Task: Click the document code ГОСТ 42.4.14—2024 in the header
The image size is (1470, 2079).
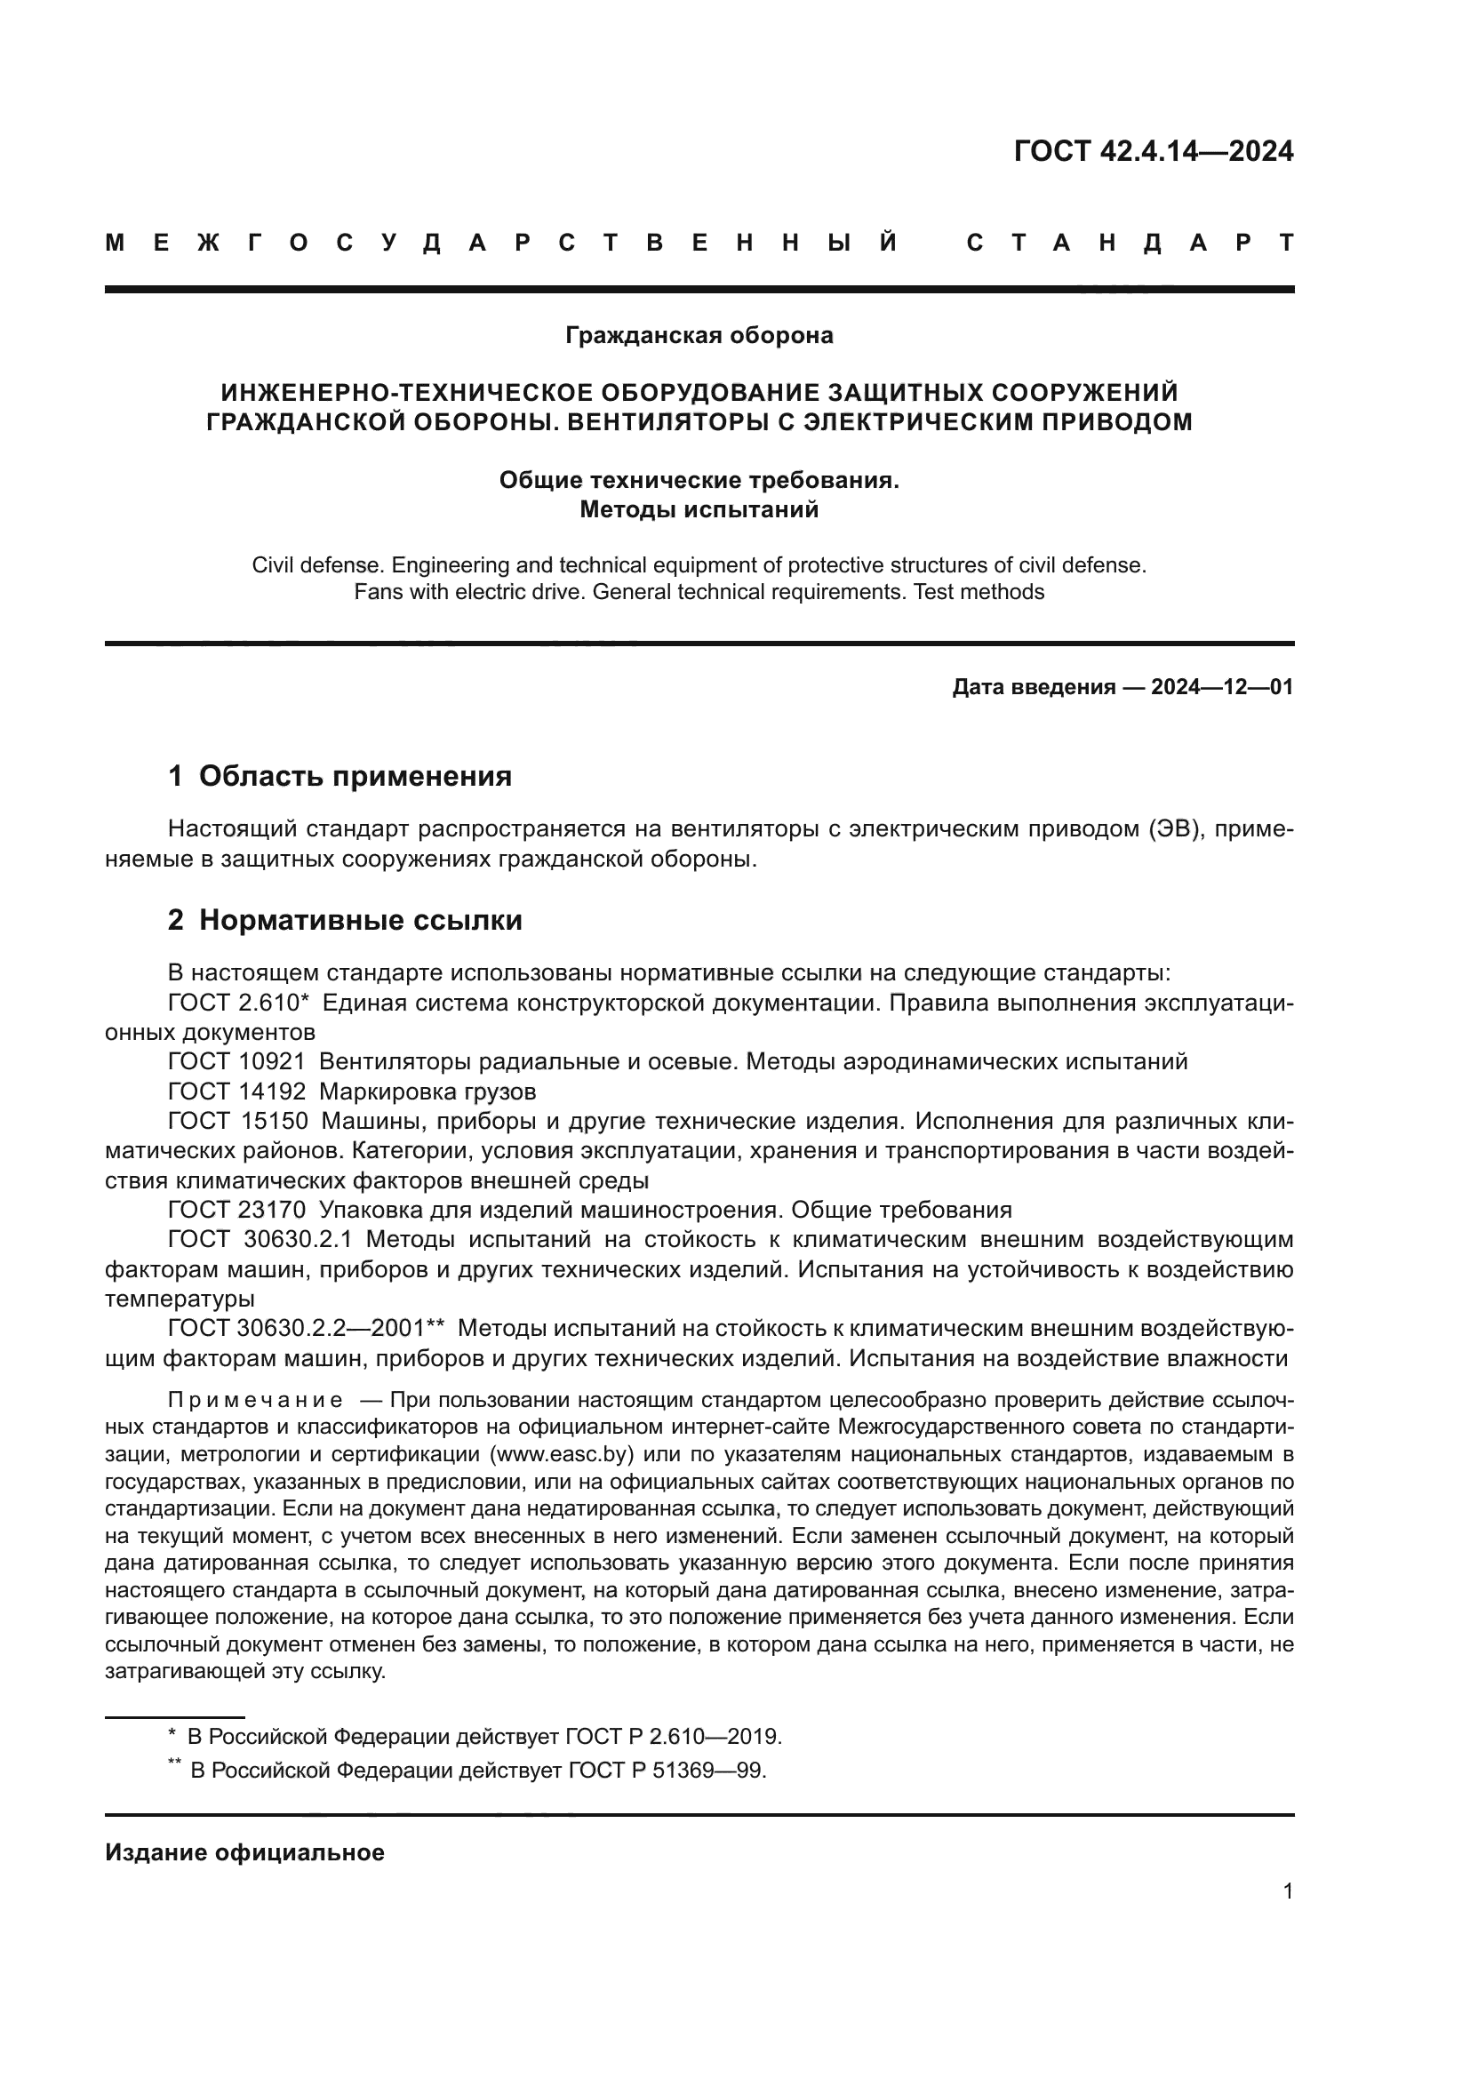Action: (x=1153, y=151)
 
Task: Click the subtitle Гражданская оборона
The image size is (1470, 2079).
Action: (x=699, y=336)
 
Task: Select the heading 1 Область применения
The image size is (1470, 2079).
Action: (x=340, y=776)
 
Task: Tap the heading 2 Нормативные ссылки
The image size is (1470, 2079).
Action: (x=345, y=920)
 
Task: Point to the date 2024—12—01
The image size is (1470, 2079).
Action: (x=1221, y=687)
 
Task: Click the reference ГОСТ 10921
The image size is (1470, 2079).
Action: (x=236, y=1061)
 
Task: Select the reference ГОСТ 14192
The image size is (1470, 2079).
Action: (x=236, y=1091)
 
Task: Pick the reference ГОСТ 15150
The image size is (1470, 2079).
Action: (x=236, y=1121)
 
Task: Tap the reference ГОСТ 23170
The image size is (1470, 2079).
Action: (x=236, y=1210)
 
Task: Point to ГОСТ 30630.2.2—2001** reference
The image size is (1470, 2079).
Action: (x=306, y=1328)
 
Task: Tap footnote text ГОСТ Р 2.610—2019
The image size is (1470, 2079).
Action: (x=673, y=1737)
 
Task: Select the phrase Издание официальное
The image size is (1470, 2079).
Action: (x=244, y=1852)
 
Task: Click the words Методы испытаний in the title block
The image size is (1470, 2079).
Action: (x=699, y=510)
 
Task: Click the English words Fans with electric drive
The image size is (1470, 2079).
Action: (x=464, y=592)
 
